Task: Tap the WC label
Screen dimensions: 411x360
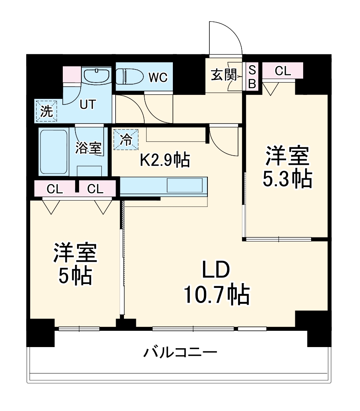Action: [x=158, y=77]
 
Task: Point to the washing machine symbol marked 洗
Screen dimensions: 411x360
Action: [x=46, y=111]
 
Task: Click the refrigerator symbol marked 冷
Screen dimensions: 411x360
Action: [x=126, y=139]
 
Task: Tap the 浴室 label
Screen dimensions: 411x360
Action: [x=88, y=148]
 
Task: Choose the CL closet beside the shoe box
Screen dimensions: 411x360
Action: [x=283, y=71]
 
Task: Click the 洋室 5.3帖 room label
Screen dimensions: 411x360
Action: [x=287, y=167]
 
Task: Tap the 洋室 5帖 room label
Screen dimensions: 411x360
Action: [x=75, y=264]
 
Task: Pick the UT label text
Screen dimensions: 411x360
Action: [x=87, y=104]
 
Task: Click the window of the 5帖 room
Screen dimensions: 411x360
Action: [x=79, y=328]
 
